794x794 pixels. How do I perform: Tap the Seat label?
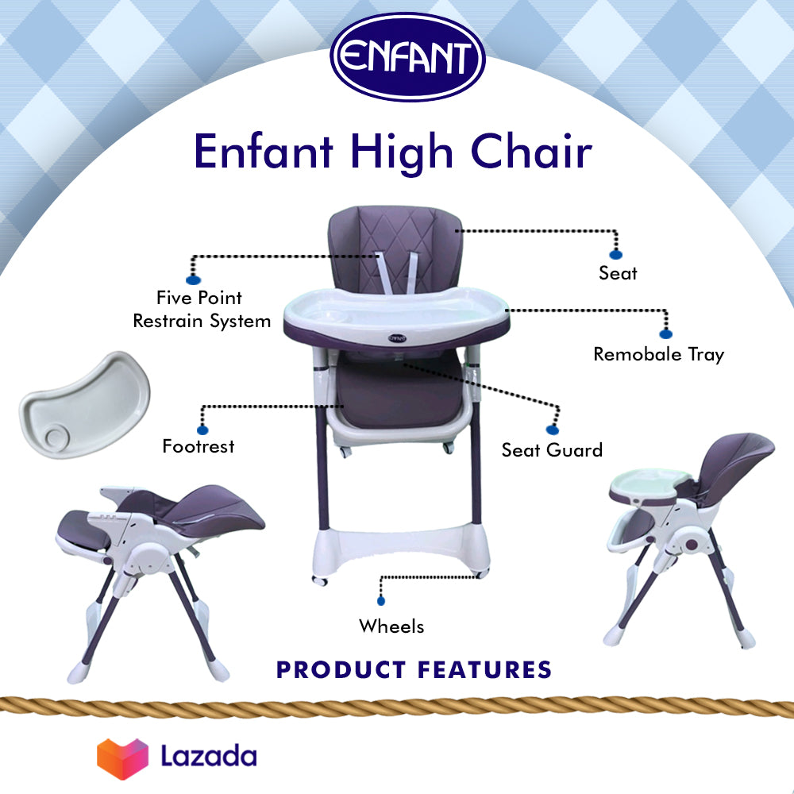tap(618, 273)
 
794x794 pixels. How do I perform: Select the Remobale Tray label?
tap(659, 354)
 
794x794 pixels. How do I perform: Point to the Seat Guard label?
tap(552, 450)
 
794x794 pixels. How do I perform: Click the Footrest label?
tap(198, 446)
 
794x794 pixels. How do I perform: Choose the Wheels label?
tap(391, 626)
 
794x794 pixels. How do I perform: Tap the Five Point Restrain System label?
tap(202, 310)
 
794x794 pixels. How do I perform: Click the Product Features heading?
tap(414, 669)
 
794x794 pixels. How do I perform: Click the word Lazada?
tap(209, 755)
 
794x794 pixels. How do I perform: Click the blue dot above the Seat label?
tap(616, 253)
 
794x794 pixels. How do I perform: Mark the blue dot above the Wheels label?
tap(382, 602)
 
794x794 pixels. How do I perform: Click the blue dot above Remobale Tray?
tap(665, 333)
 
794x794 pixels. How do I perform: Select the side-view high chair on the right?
tap(686, 532)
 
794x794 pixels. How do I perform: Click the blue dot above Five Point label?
tap(191, 279)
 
